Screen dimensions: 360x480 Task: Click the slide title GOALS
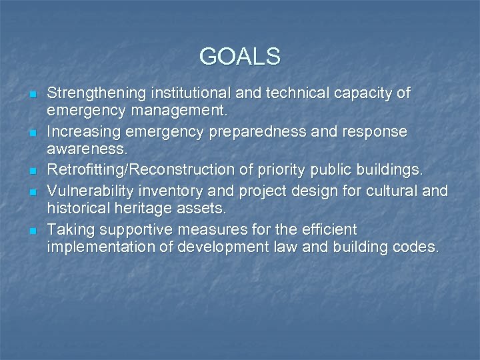[x=239, y=56]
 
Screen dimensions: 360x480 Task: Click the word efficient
[x=331, y=230]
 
